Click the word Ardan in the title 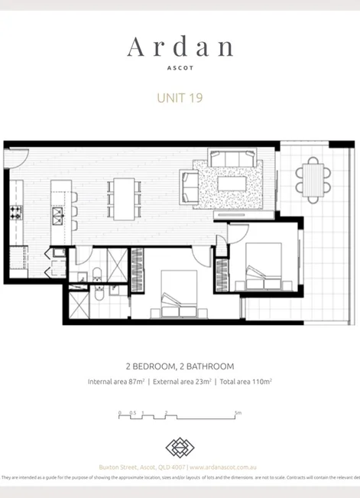180,47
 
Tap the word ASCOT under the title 180,67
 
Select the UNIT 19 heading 180,97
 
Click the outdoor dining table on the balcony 313,180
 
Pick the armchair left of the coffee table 190,184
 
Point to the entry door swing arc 14,157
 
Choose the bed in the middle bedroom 177,291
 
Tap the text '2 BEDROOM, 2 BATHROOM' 180,366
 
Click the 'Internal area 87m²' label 117,381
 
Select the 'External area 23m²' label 182,381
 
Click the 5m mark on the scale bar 238,414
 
